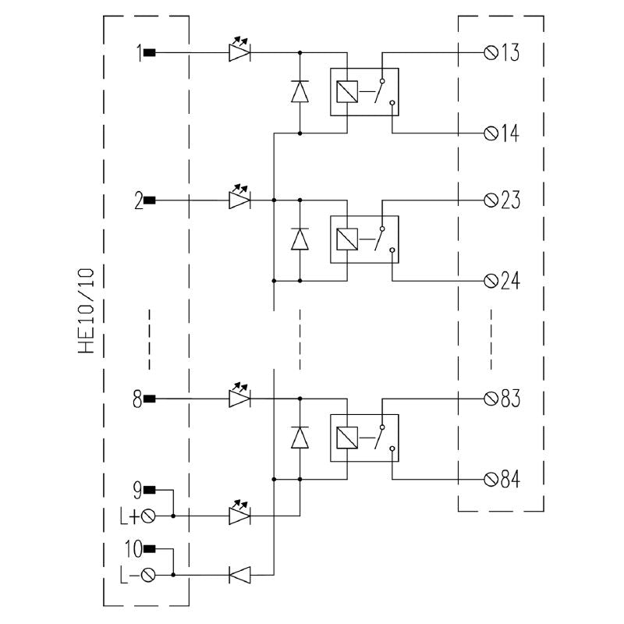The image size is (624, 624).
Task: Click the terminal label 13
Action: pos(510,52)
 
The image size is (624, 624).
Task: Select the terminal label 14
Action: pos(510,133)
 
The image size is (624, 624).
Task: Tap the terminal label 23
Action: pos(510,200)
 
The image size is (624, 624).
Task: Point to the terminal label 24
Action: pos(510,281)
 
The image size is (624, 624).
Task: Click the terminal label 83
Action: pos(510,399)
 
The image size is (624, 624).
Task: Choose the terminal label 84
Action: pos(510,479)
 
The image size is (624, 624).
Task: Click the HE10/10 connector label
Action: pos(87,310)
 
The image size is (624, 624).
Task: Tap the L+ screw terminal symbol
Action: pos(148,516)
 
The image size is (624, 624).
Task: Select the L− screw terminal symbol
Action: pos(148,575)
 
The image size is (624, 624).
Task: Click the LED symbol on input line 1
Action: pos(239,50)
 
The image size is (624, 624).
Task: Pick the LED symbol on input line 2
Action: pos(239,197)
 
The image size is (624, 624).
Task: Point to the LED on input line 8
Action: pos(239,395)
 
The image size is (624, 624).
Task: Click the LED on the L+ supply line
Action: pos(239,513)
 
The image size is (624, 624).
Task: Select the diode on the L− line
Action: pos(239,575)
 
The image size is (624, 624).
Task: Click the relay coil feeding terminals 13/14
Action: pos(347,92)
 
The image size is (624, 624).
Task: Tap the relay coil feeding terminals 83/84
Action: pos(347,438)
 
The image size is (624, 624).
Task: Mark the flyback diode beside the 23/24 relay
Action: pos(300,239)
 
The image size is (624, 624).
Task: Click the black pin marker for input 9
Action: pos(149,490)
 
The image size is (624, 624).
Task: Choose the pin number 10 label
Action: pos(133,549)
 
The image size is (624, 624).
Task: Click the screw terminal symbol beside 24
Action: pos(491,281)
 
